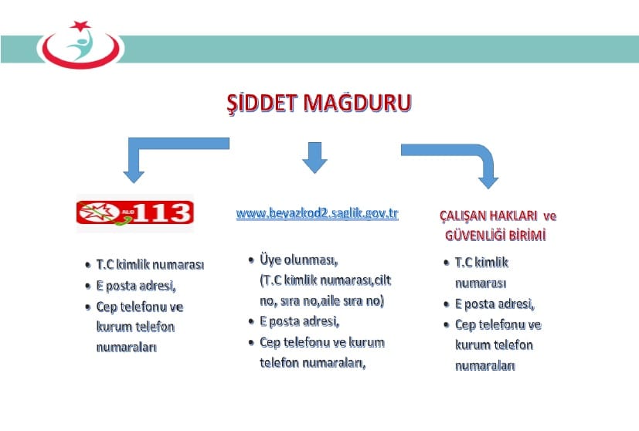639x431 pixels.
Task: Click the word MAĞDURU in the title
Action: coord(358,103)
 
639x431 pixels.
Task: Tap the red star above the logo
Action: coord(80,25)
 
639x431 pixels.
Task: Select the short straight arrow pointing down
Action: coord(314,158)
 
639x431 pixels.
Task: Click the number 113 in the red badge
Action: coord(163,212)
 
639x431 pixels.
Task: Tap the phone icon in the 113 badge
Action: coord(124,221)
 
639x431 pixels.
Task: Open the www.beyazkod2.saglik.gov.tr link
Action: coord(317,213)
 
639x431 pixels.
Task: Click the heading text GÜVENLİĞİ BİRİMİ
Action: coord(495,236)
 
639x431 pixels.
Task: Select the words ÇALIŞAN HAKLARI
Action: coord(488,215)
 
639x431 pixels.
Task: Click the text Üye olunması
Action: coord(299,260)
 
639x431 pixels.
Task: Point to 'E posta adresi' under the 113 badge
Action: coord(136,286)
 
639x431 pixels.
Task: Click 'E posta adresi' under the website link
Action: coord(300,321)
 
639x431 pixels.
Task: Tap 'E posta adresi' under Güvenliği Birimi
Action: coord(495,304)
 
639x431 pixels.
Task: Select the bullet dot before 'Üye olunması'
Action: coord(251,260)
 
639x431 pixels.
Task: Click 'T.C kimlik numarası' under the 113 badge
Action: coord(150,265)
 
